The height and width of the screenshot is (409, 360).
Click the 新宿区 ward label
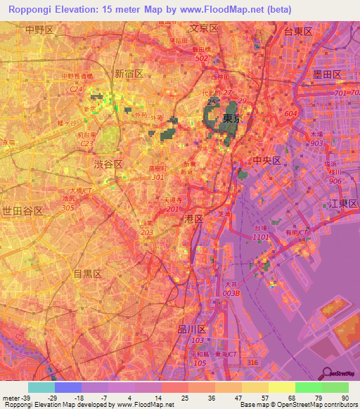coord(129,74)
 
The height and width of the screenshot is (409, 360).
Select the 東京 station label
coord(232,119)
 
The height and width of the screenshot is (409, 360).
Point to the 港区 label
coord(193,219)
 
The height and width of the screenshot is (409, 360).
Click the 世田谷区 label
coord(22,211)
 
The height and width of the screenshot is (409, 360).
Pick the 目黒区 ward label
coord(88,273)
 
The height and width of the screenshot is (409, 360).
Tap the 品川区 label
coord(191,329)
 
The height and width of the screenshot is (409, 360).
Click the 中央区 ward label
coord(267,160)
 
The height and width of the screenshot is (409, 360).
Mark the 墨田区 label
coord(327,74)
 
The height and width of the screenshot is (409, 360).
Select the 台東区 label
coord(298,31)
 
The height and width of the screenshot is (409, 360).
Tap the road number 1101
coord(262,238)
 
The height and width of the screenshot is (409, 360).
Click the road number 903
coord(316,143)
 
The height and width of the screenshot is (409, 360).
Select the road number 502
coord(202,58)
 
